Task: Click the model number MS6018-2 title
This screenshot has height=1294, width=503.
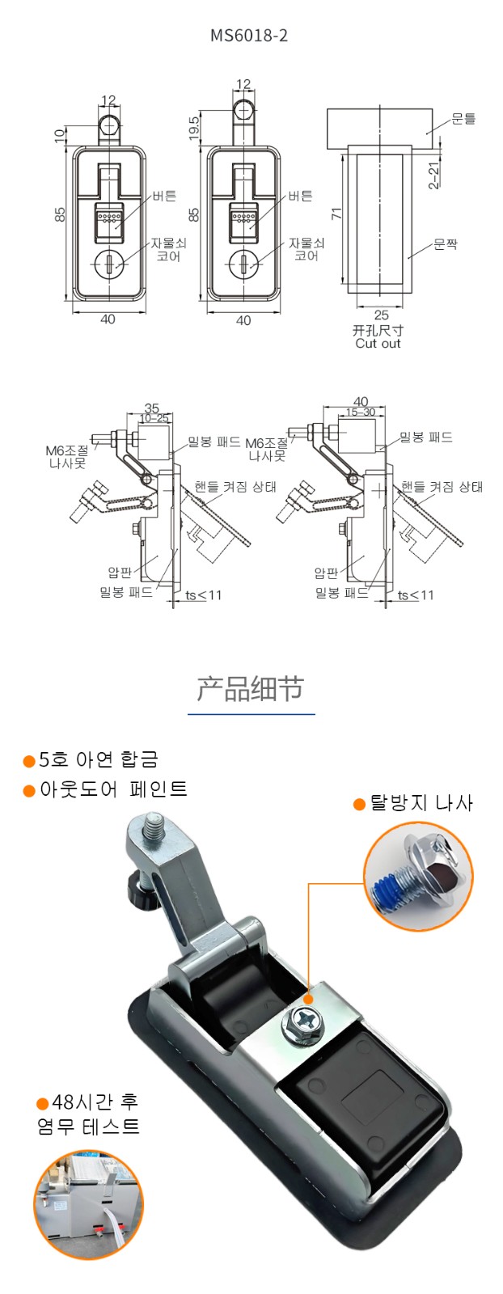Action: pyautogui.click(x=249, y=36)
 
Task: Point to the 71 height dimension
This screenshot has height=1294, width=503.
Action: pyautogui.click(x=336, y=214)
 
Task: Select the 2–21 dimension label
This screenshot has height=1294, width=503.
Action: pyautogui.click(x=433, y=175)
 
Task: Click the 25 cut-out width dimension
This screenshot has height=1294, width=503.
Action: pyautogui.click(x=381, y=315)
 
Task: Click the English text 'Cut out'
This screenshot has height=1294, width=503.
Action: pyautogui.click(x=378, y=344)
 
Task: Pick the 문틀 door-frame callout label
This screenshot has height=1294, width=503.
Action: pyautogui.click(x=463, y=119)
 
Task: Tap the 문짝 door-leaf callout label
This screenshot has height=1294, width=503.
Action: pyautogui.click(x=446, y=244)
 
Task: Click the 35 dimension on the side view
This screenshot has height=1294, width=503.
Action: pyautogui.click(x=151, y=408)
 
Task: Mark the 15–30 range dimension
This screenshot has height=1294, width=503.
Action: pyautogui.click(x=361, y=412)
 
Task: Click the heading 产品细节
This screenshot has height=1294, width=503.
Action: pyautogui.click(x=250, y=688)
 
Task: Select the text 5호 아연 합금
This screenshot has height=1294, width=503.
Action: pyautogui.click(x=98, y=759)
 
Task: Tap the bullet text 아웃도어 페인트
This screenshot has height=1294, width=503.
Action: pyautogui.click(x=113, y=789)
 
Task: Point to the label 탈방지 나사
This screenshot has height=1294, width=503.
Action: pyautogui.click(x=421, y=802)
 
